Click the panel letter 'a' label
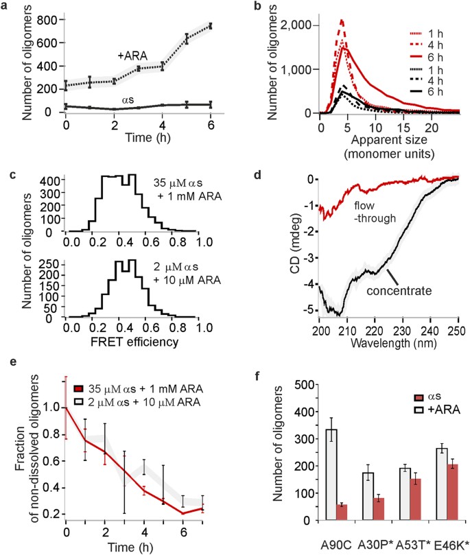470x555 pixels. pos(7,8)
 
